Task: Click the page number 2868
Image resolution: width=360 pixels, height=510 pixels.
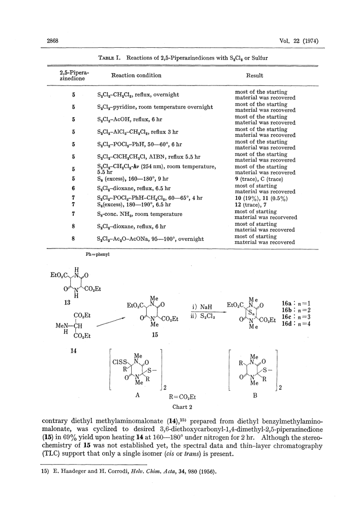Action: (x=52, y=41)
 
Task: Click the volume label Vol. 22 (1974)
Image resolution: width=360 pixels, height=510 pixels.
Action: (x=299, y=41)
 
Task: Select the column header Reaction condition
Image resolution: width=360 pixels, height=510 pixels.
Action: (x=136, y=75)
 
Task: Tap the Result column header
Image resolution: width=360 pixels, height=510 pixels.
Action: (x=255, y=75)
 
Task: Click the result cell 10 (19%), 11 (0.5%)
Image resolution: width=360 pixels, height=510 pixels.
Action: (x=261, y=198)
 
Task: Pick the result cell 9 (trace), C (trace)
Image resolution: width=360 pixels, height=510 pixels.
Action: (x=259, y=179)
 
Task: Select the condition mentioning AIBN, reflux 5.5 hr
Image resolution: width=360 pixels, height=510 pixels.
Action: (x=148, y=157)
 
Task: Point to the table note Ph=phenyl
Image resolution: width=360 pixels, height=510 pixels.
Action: (x=98, y=254)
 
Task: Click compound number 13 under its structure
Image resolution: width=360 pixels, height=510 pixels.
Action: (x=67, y=302)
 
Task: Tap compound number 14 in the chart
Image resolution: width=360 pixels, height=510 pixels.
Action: (x=74, y=351)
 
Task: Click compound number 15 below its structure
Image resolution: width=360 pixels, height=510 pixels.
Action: (x=155, y=335)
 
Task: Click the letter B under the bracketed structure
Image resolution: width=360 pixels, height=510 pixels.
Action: (x=255, y=395)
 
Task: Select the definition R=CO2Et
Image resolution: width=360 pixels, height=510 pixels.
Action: (x=182, y=397)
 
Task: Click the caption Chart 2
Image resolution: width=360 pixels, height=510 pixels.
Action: (x=182, y=407)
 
